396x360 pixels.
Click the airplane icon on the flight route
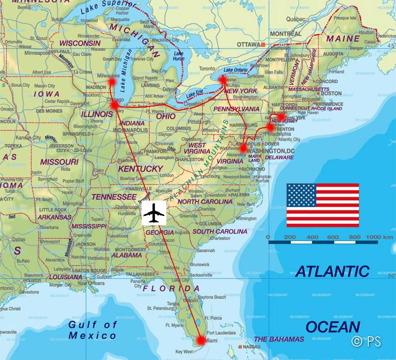click(154, 213)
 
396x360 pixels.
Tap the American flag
click(323, 203)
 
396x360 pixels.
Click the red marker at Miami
click(201, 340)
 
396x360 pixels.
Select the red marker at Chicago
click(115, 105)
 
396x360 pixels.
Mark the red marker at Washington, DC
click(243, 148)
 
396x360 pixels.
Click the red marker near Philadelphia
click(270, 127)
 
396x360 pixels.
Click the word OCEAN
click(332, 326)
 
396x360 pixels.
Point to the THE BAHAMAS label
click(278, 339)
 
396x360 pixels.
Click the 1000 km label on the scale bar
click(379, 238)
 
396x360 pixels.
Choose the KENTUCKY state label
click(140, 169)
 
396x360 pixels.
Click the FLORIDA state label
click(166, 288)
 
